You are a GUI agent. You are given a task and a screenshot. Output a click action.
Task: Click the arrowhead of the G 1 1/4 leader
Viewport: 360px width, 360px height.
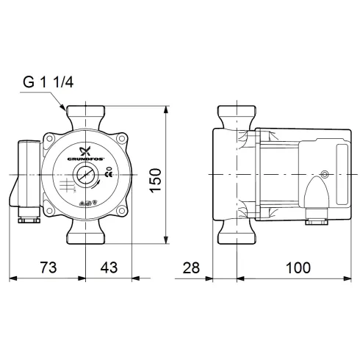coord(65,111)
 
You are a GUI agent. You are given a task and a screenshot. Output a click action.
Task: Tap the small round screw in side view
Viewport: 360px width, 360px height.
coord(325,175)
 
